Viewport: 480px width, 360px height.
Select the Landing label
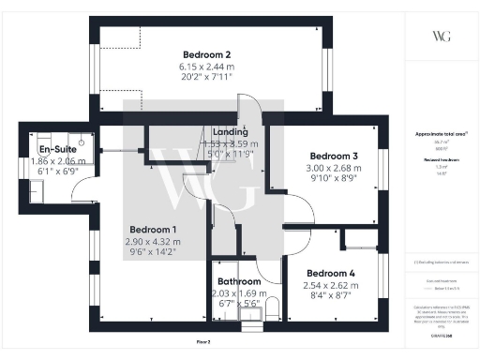(x=231, y=132)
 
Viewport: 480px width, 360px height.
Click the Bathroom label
(x=238, y=280)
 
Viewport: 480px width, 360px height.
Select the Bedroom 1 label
(x=154, y=229)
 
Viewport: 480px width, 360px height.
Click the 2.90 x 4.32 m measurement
(x=154, y=241)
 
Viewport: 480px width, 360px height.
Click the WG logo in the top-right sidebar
(x=441, y=37)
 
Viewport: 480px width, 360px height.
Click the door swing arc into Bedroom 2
(x=246, y=106)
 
